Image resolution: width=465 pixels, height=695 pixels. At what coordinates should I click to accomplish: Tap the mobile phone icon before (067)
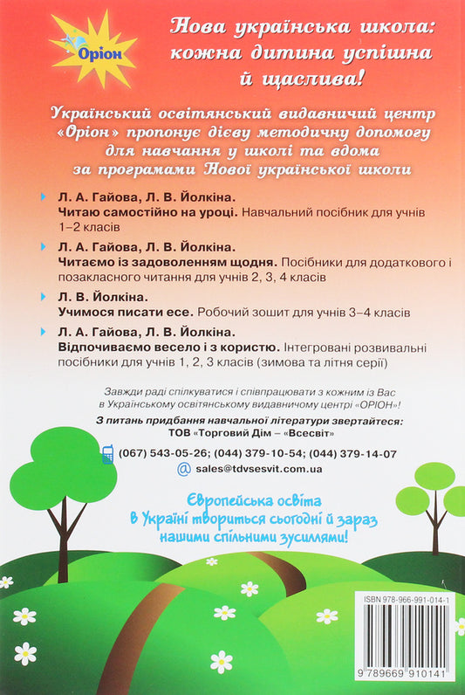[108, 453]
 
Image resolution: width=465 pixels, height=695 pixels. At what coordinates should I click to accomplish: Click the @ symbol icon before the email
[183, 469]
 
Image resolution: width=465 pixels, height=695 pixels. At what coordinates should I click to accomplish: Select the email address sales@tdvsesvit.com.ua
[260, 469]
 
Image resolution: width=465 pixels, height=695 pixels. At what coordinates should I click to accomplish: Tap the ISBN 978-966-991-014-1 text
[406, 603]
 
